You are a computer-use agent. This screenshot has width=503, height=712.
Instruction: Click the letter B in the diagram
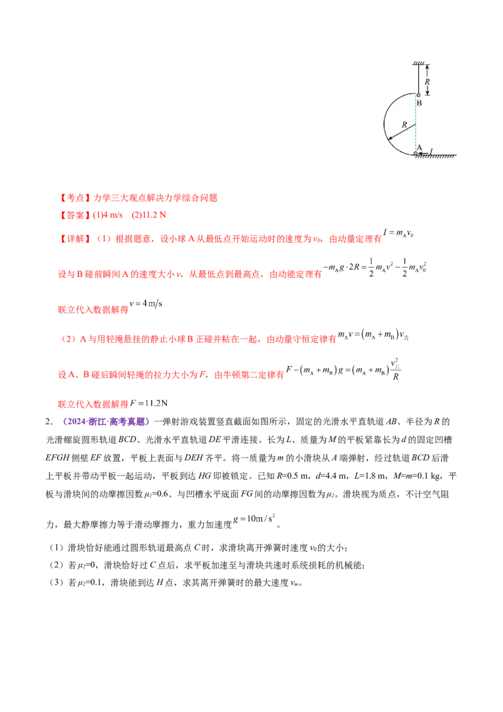pyautogui.click(x=419, y=103)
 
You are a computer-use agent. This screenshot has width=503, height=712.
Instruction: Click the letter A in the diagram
pyautogui.click(x=419, y=147)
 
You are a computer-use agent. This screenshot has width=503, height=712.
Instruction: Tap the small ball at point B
pyautogui.click(x=419, y=95)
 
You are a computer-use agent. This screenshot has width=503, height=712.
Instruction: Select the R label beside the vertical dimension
pyautogui.click(x=428, y=81)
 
